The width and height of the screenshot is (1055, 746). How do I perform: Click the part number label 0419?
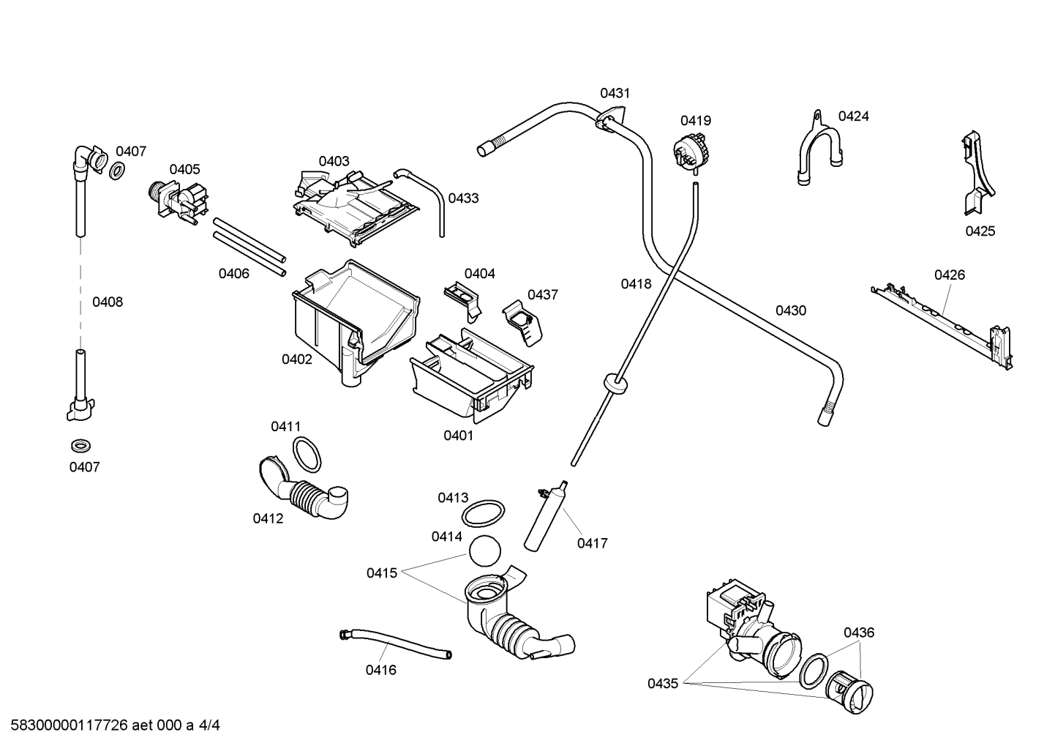point(695,121)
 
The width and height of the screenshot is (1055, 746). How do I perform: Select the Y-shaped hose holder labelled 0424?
point(819,148)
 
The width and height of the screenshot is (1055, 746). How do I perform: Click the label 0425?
point(980,231)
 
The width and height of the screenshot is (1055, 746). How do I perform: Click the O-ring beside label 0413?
point(483,514)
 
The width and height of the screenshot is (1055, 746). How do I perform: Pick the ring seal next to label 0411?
point(307,454)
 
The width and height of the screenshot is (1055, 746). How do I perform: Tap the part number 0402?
point(297,359)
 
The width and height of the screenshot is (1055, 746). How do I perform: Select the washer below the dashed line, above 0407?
point(80,445)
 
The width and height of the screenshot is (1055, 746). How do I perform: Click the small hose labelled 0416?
point(395,644)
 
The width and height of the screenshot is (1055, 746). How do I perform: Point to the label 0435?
point(663,683)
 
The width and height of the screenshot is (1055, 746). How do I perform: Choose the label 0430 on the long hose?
point(791,310)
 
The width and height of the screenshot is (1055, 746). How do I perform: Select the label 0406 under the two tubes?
point(233,274)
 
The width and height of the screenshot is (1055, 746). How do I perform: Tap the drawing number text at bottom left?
point(115,726)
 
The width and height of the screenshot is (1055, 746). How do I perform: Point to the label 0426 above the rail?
point(950,275)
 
